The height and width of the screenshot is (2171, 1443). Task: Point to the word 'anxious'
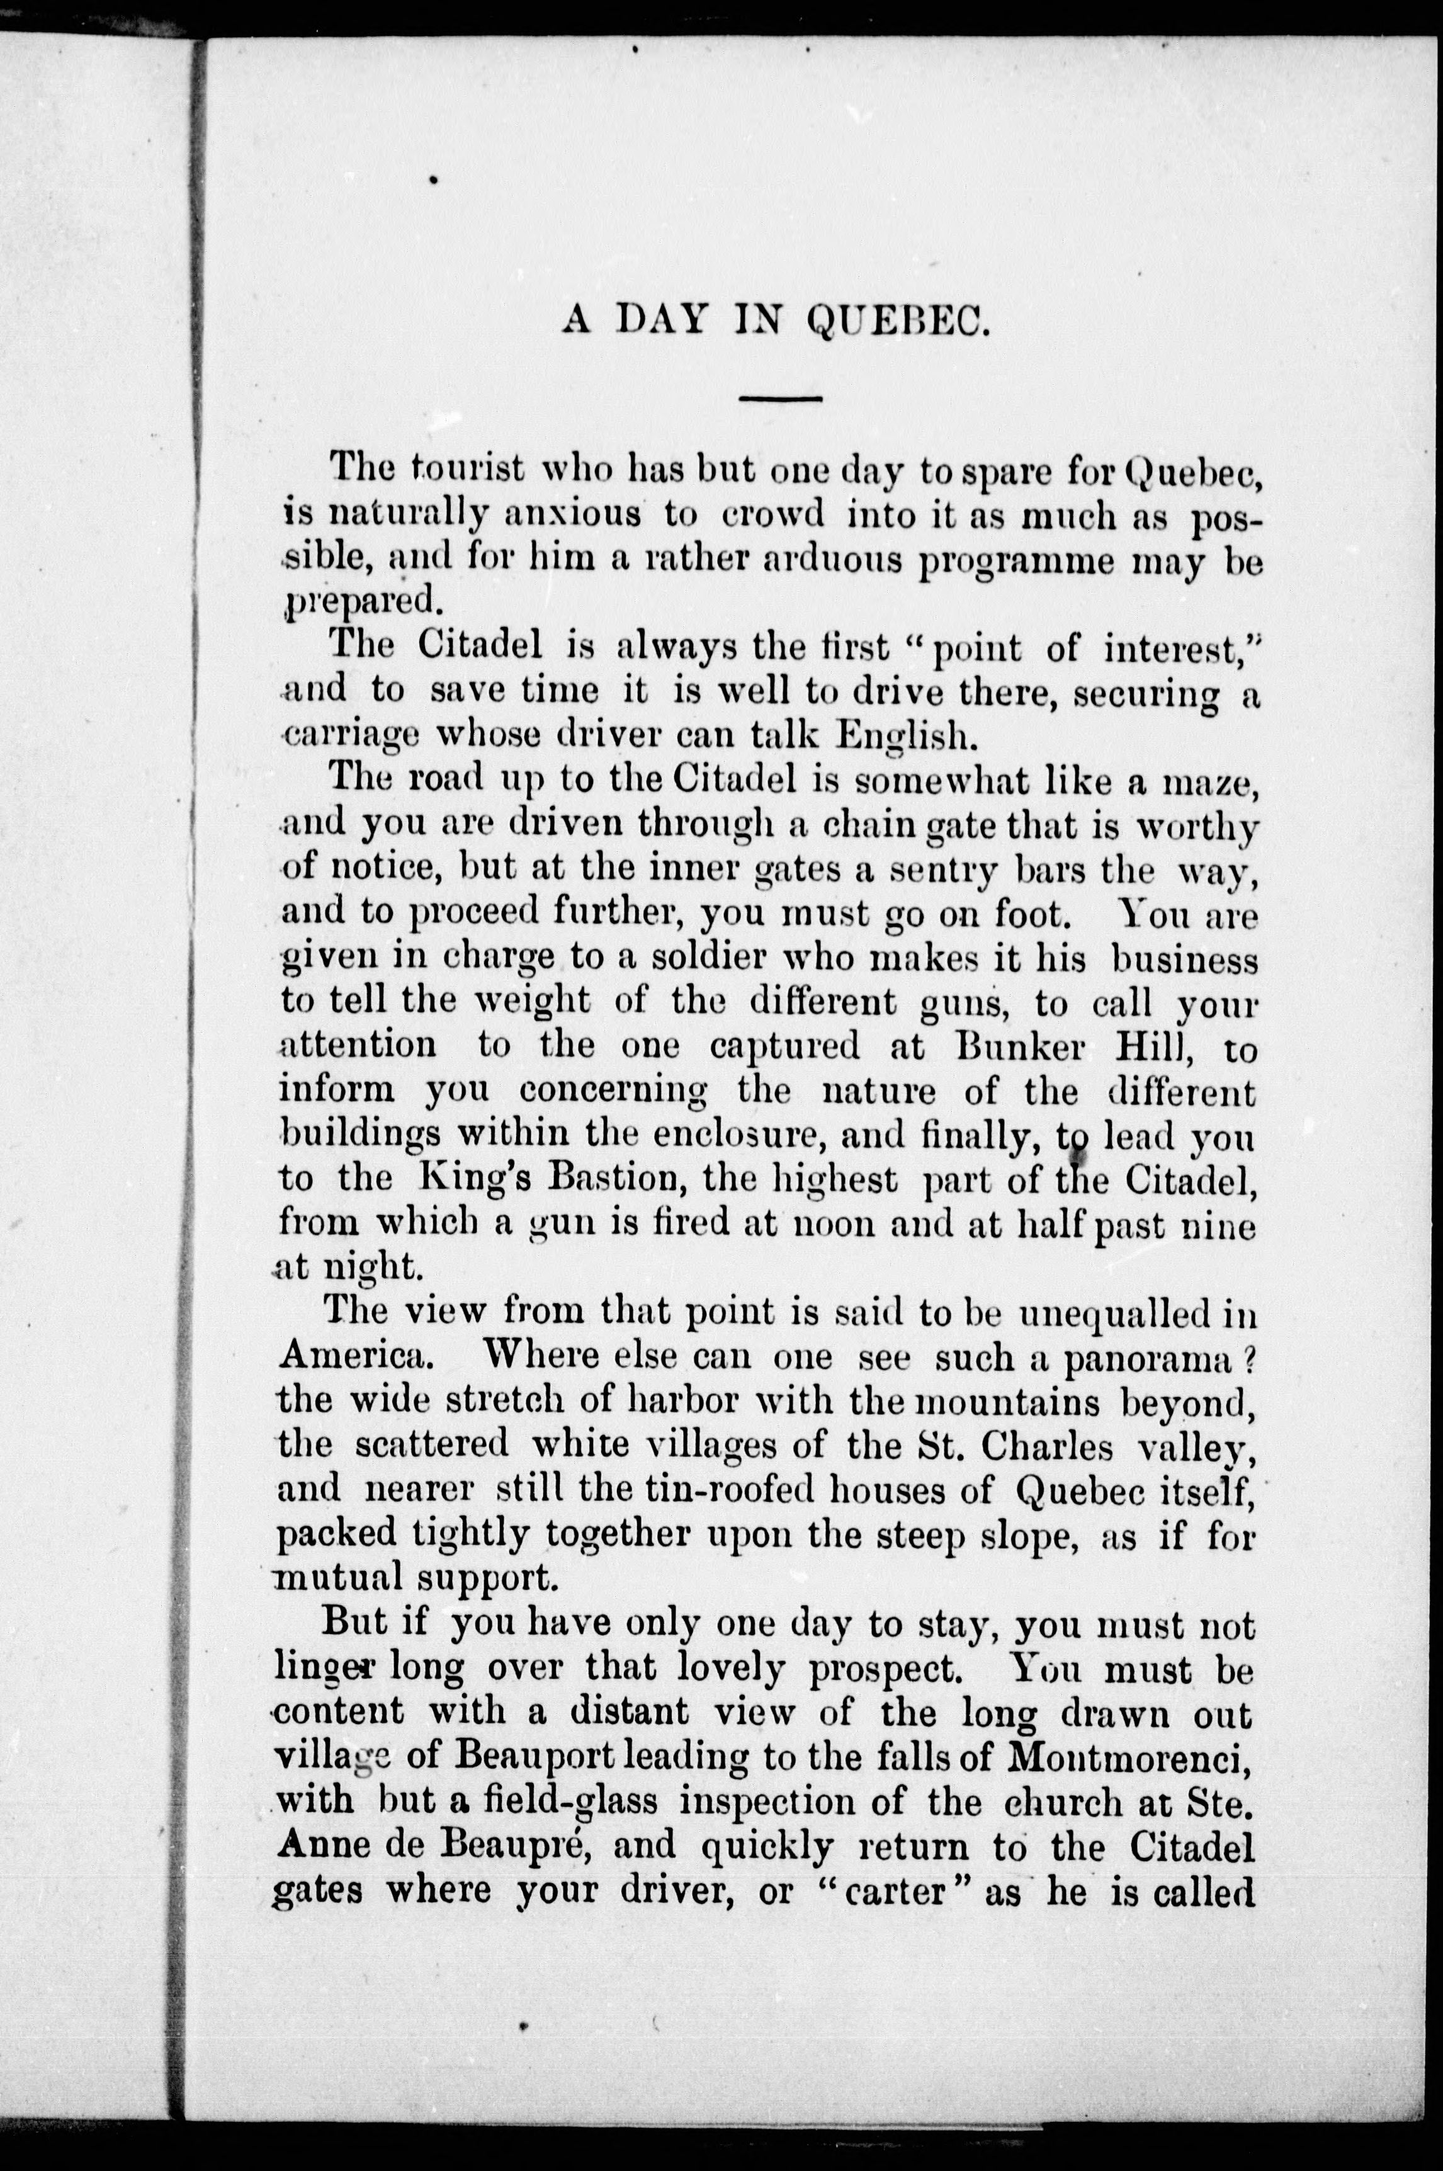tap(572, 514)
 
